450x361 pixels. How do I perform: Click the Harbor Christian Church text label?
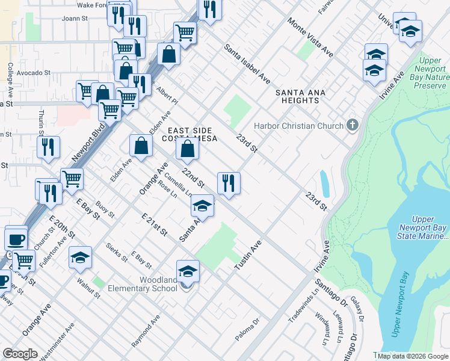(298, 126)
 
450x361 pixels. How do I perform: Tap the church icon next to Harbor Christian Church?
(353, 126)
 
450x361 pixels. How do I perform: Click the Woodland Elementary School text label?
(141, 284)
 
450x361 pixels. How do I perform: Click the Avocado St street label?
(33, 73)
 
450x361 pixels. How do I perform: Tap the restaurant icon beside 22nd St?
(229, 183)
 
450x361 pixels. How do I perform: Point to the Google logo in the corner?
(20, 354)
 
